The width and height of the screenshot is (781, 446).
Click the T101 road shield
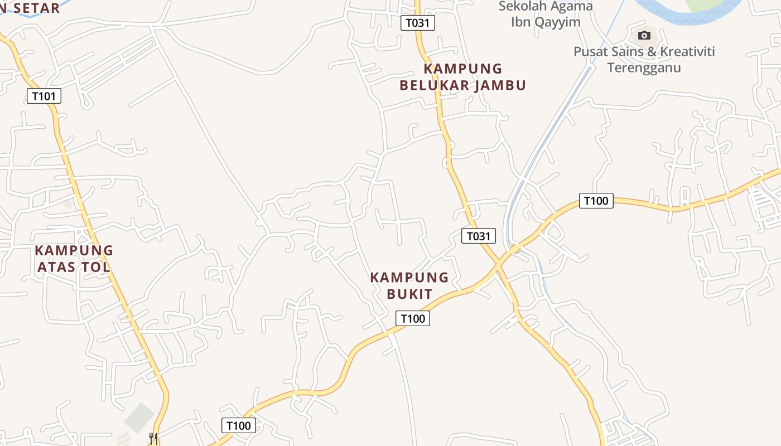(x=44, y=96)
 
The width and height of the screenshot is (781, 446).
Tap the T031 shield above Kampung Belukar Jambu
(x=418, y=23)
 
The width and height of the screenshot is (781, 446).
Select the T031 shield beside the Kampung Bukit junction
(x=479, y=236)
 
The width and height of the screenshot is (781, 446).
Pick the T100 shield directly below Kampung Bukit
(x=413, y=318)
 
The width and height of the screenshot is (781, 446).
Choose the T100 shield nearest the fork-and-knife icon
(x=239, y=425)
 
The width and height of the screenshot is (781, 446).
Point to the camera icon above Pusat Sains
(x=644, y=36)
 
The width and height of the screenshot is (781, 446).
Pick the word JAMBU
(x=501, y=85)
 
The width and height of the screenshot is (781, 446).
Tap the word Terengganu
(x=644, y=68)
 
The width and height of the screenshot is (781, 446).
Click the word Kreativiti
(x=688, y=52)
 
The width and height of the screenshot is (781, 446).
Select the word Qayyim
(x=558, y=22)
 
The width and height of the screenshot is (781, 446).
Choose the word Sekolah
(x=522, y=7)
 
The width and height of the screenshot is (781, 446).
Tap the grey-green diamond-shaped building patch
(x=139, y=418)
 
